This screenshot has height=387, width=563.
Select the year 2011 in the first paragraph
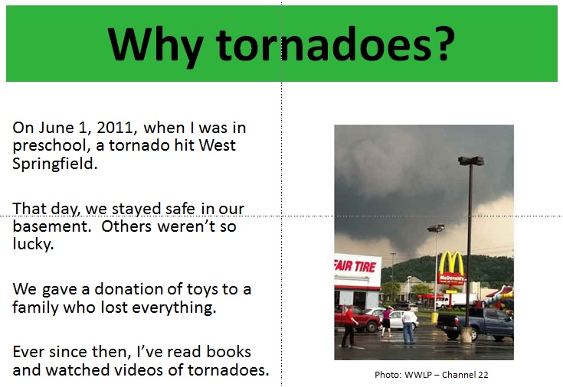pyautogui.click(x=116, y=128)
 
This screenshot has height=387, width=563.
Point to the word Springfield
pyautogui.click(x=55, y=164)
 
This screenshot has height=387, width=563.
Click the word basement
pyautogui.click(x=52, y=226)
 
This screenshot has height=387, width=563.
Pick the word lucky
pyautogui.click(x=33, y=245)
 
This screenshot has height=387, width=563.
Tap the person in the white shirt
pyautogui.click(x=408, y=326)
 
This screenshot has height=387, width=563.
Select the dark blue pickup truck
pyautogui.click(x=476, y=324)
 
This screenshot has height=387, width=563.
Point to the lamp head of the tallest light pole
pyautogui.click(x=471, y=161)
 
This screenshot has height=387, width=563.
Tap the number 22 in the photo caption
pyautogui.click(x=483, y=375)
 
